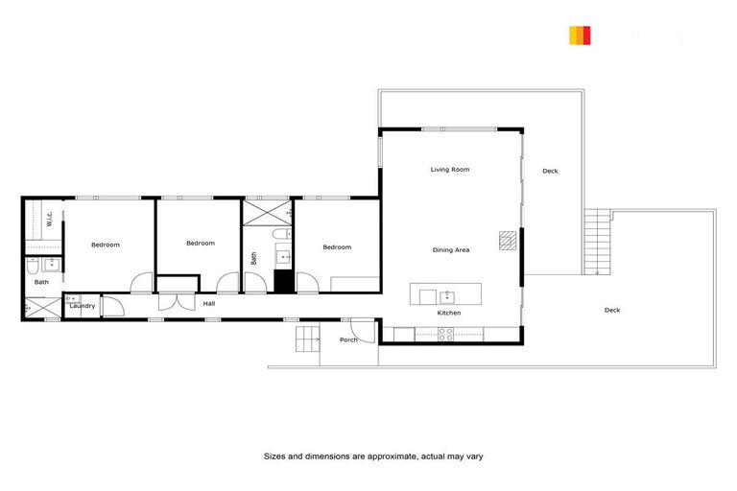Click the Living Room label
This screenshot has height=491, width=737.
449,170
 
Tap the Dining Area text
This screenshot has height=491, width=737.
450,250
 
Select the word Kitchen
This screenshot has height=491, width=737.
449,314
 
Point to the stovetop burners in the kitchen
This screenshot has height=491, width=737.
446,334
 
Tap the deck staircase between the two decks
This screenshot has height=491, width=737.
597,243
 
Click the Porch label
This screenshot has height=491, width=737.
349,339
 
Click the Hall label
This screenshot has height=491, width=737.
209,304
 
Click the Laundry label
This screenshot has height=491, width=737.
82,307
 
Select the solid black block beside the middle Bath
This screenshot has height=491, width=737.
283,282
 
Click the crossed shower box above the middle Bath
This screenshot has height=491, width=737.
267,212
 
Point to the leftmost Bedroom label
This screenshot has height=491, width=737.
106,245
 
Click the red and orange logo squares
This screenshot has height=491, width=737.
580,35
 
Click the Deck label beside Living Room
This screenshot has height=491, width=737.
550,172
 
